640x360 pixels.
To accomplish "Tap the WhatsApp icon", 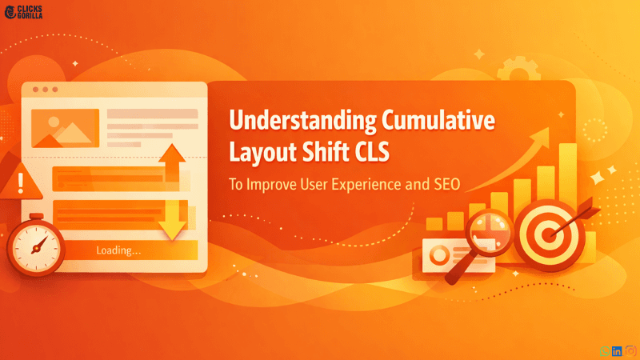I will pyautogui.click(x=602, y=350).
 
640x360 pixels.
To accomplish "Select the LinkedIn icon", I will pyautogui.click(x=616, y=350).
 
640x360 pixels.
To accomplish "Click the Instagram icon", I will pyautogui.click(x=630, y=350).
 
